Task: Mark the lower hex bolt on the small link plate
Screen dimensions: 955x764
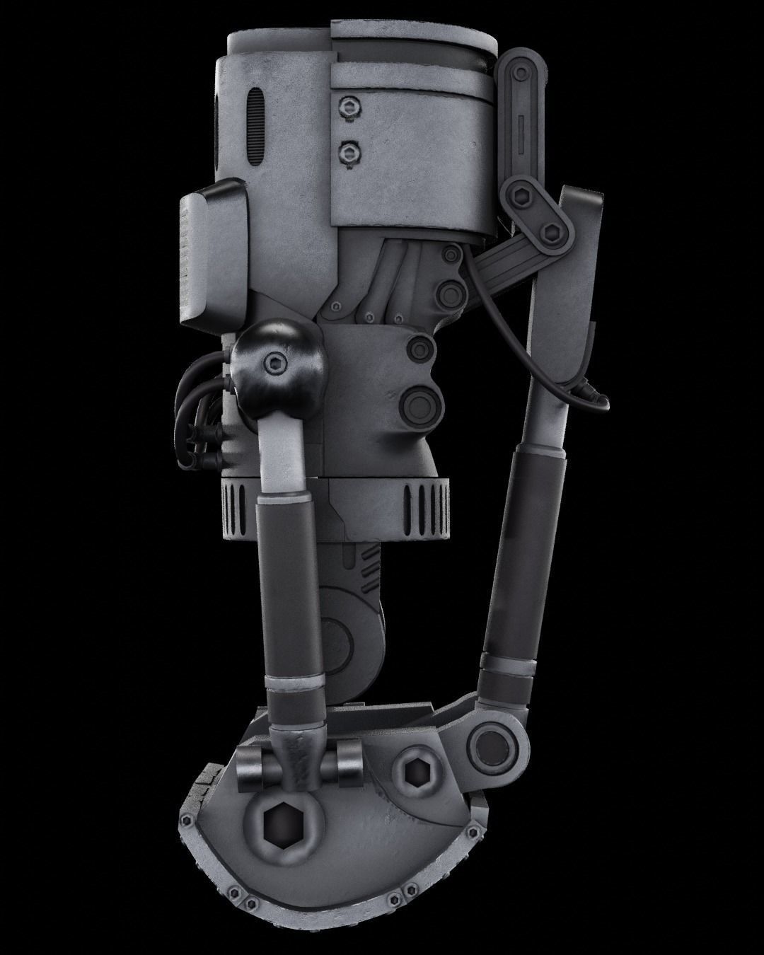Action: click(x=552, y=228)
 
